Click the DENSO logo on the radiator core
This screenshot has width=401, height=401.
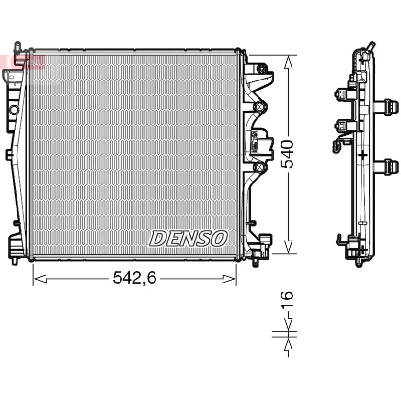coord(188,239)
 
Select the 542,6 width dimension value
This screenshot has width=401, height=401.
coord(134,278)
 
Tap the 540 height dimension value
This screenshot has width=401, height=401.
coord(287,154)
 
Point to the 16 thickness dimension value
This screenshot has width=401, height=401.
coord(287,298)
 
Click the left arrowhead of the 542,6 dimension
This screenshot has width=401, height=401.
coord(40,279)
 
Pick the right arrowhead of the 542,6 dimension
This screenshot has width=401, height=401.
coord(229,279)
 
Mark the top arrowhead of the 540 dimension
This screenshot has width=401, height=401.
coord(289,63)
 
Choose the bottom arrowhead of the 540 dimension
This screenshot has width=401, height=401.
coord(289,247)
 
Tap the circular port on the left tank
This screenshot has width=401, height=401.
coord(14,110)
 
